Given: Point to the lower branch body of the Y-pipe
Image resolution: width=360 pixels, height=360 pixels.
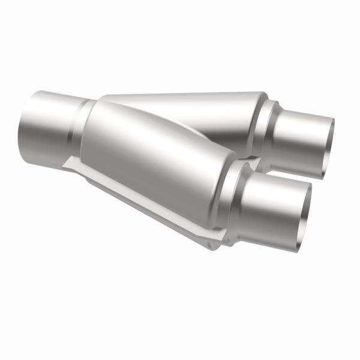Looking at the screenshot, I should point(156,162).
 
